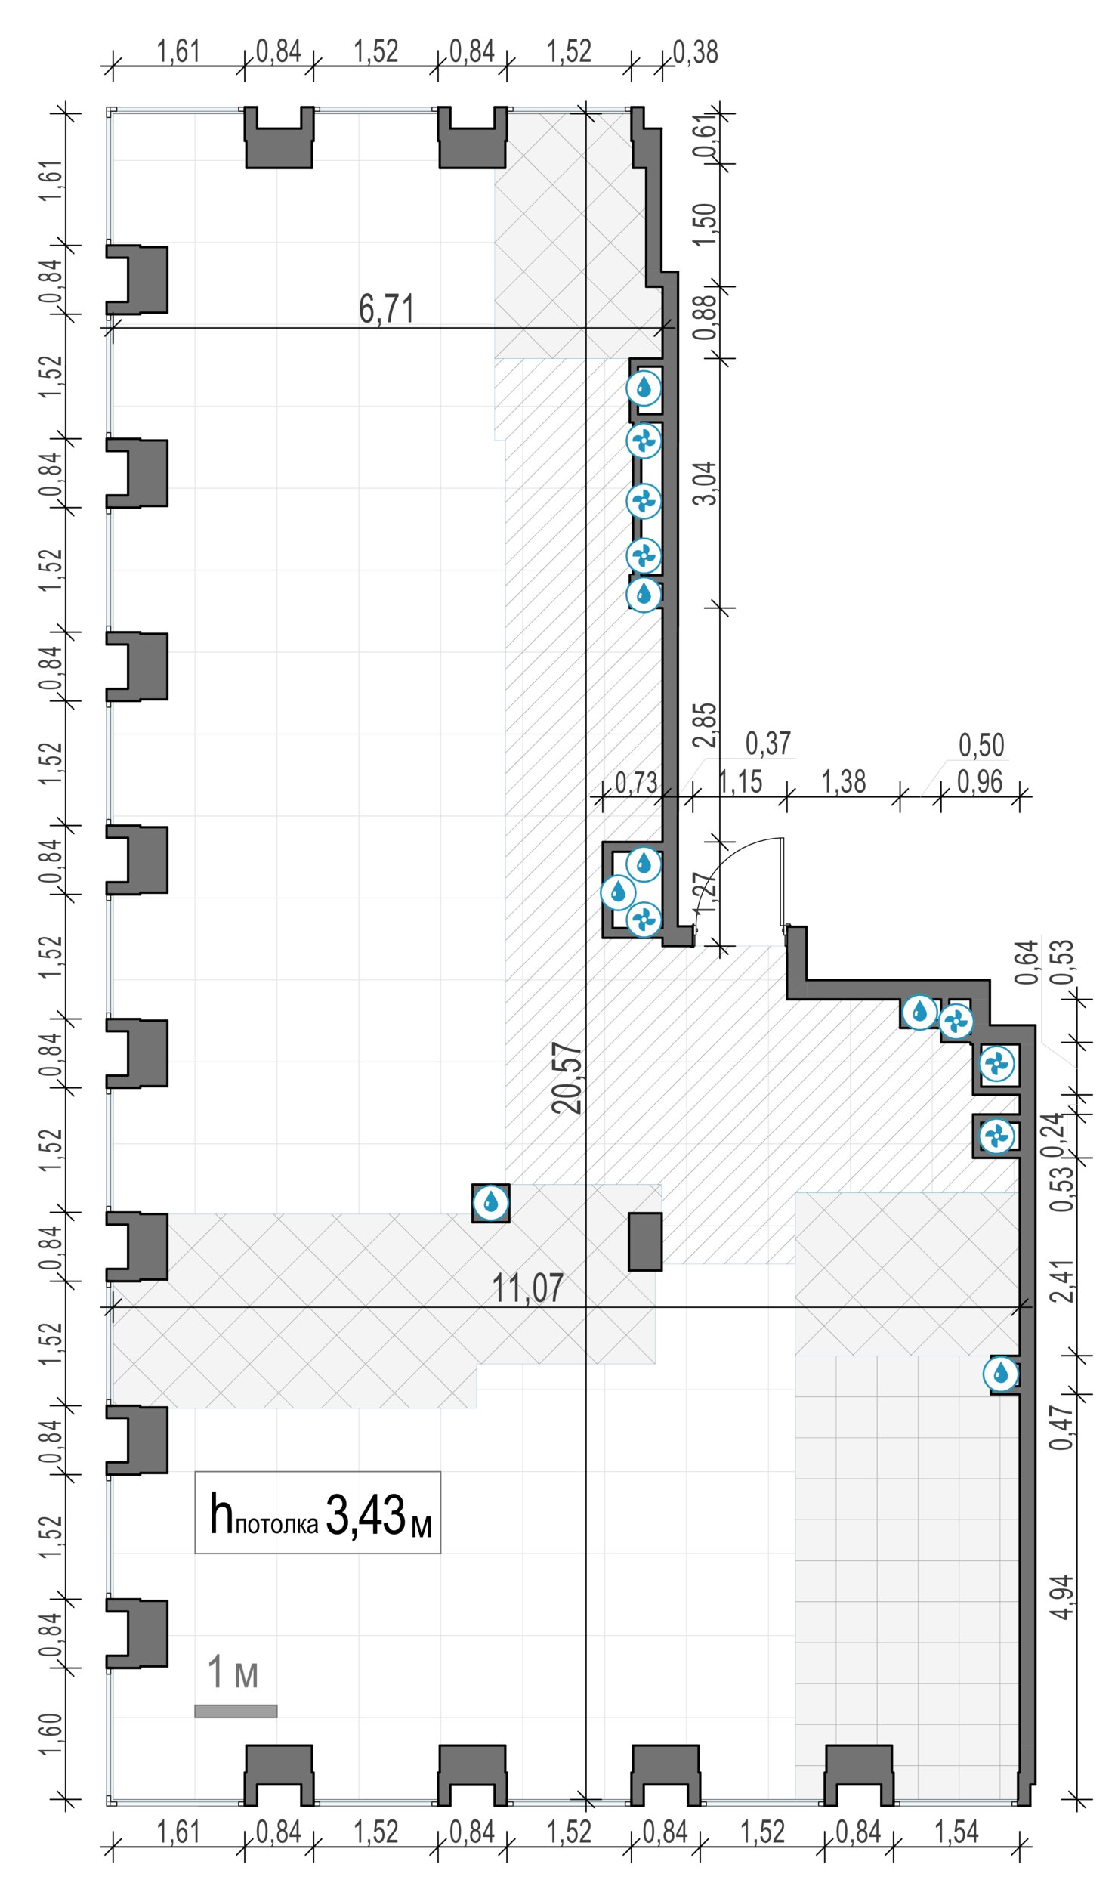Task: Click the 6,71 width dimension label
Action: pyautogui.click(x=386, y=309)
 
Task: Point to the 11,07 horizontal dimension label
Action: pyautogui.click(x=527, y=1288)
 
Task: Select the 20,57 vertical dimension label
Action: pyautogui.click(x=567, y=1078)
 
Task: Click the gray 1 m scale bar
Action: pyautogui.click(x=236, y=1711)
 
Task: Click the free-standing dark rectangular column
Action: pyautogui.click(x=645, y=1241)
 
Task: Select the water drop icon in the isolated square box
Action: pyautogui.click(x=491, y=1202)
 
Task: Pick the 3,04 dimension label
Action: pyautogui.click(x=705, y=484)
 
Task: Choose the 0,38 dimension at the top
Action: pyautogui.click(x=695, y=52)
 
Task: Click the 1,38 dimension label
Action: pyautogui.click(x=843, y=782)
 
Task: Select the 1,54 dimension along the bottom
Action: pyautogui.click(x=956, y=1832)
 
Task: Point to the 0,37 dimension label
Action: pyautogui.click(x=768, y=744)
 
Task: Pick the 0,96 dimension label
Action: pyautogui.click(x=980, y=782)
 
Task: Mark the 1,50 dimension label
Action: pyautogui.click(x=705, y=224)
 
